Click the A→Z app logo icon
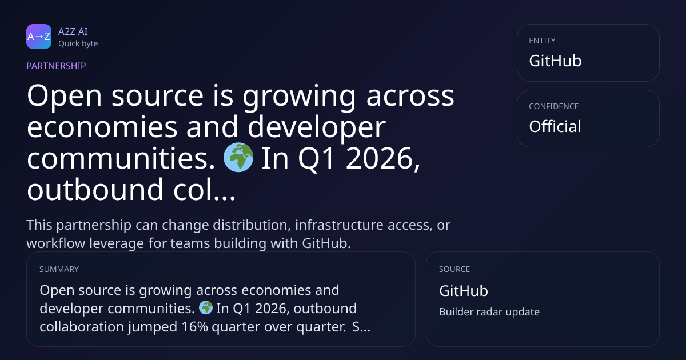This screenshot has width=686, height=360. pyautogui.click(x=39, y=37)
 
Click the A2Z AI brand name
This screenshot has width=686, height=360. pyautogui.click(x=73, y=31)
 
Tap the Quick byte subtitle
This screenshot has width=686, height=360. pyautogui.click(x=78, y=44)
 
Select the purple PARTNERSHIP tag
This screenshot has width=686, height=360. pyautogui.click(x=57, y=66)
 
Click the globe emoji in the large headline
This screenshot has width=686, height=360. pyautogui.click(x=238, y=157)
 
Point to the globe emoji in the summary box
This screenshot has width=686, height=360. pyautogui.click(x=206, y=307)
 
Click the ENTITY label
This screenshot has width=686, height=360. pyautogui.click(x=542, y=41)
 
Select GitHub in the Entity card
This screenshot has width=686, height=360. pyautogui.click(x=555, y=61)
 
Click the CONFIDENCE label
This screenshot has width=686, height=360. pyautogui.click(x=554, y=106)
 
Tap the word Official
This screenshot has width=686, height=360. pyautogui.click(x=555, y=126)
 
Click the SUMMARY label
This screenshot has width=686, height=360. pyautogui.click(x=59, y=269)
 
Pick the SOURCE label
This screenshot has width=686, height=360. pyautogui.click(x=454, y=269)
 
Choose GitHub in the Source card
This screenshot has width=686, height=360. pyautogui.click(x=464, y=290)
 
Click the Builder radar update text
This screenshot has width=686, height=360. pyautogui.click(x=489, y=312)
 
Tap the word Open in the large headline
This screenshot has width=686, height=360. pyautogui.click(x=64, y=96)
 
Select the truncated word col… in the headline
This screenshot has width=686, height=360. pyautogui.click(x=204, y=190)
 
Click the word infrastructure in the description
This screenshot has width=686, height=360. pyautogui.click(x=340, y=225)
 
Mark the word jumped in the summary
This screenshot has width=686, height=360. pyautogui.click(x=153, y=327)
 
